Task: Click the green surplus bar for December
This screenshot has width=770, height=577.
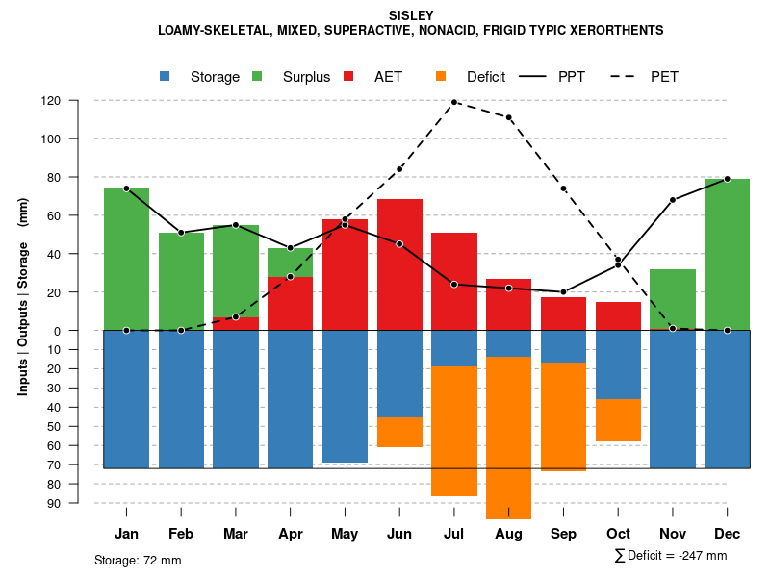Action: pyautogui.click(x=727, y=255)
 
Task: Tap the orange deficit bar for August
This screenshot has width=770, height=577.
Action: pyautogui.click(x=508, y=438)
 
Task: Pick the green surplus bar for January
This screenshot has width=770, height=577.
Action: pyautogui.click(x=126, y=260)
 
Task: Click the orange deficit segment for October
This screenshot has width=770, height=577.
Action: pyautogui.click(x=618, y=420)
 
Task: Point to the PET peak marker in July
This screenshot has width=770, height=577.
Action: pyautogui.click(x=453, y=102)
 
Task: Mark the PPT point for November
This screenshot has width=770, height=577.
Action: pyautogui.click(x=673, y=200)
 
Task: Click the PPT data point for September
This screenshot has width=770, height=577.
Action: pyautogui.click(x=563, y=292)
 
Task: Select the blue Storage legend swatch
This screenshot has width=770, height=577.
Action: pyautogui.click(x=165, y=77)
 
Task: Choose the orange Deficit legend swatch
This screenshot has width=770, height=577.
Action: pyautogui.click(x=441, y=77)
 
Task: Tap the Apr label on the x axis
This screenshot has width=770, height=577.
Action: pyautogui.click(x=290, y=534)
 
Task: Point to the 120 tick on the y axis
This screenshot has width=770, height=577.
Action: pyautogui.click(x=78, y=100)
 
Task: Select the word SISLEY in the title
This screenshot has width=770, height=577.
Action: pyautogui.click(x=411, y=15)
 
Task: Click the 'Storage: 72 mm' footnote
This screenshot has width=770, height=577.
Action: pyautogui.click(x=138, y=560)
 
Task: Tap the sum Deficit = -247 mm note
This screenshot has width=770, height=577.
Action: pyautogui.click(x=671, y=556)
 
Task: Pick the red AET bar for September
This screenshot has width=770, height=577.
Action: pyautogui.click(x=563, y=314)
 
